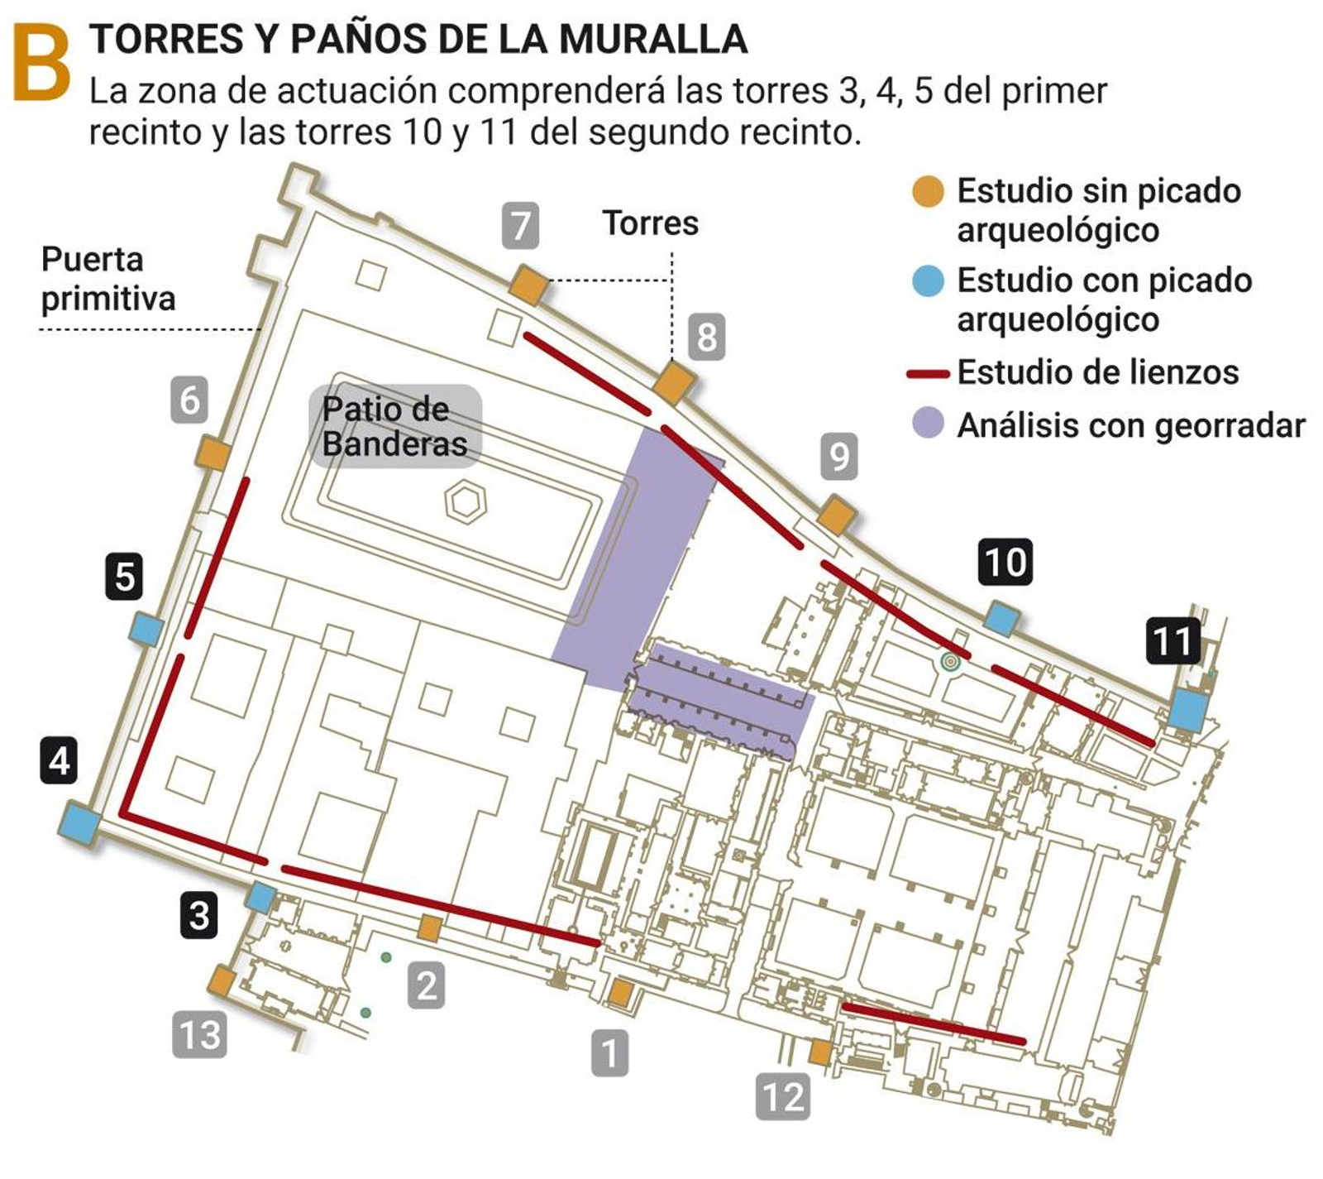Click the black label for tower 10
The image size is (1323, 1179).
(x=1005, y=562)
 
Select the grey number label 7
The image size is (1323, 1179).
(x=520, y=225)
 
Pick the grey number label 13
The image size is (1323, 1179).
(x=200, y=1034)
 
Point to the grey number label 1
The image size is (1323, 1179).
(x=609, y=1052)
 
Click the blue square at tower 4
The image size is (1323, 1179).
(x=80, y=822)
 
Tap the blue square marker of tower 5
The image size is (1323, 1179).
(x=146, y=629)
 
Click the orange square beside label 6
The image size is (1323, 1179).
(x=213, y=453)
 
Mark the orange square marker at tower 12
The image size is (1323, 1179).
(x=819, y=1052)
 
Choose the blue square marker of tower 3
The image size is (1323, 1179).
(x=260, y=897)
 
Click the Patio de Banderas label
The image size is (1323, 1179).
(x=395, y=427)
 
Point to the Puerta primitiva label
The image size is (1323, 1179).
(x=107, y=279)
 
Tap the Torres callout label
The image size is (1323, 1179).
(x=650, y=223)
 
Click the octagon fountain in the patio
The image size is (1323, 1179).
(x=466, y=502)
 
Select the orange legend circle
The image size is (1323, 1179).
(x=928, y=191)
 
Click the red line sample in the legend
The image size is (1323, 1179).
(x=928, y=374)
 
